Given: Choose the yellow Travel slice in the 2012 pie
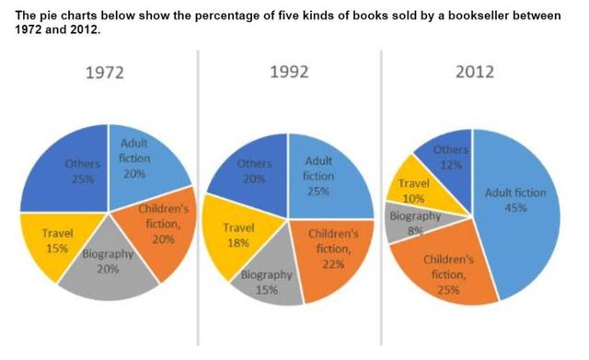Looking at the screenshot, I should (413, 191).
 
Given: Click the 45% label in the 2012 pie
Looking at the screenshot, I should (514, 208).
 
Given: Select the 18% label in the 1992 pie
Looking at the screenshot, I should (240, 243).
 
